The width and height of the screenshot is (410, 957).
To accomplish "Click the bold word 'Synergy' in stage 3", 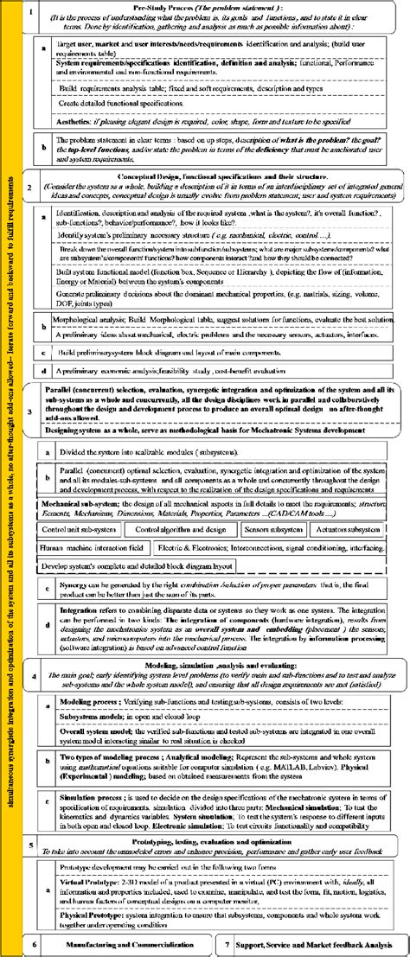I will pos(73,585).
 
